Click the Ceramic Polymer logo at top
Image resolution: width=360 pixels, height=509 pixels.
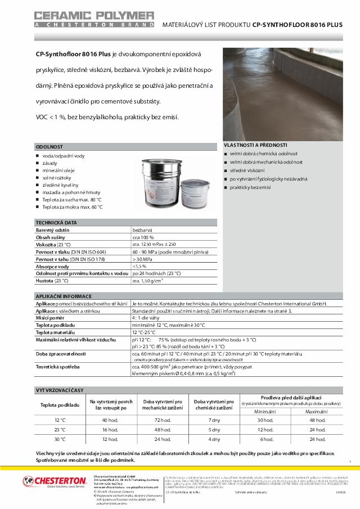pos(94,18)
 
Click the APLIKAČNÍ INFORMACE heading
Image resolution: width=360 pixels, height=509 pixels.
pos(63,296)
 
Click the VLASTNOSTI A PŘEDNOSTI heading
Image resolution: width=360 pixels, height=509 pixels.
pos(256,145)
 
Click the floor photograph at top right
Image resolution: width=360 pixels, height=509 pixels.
pos(283,93)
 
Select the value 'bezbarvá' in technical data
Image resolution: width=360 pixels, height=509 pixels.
pos(142,231)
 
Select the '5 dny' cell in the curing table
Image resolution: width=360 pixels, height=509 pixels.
pos(214,430)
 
